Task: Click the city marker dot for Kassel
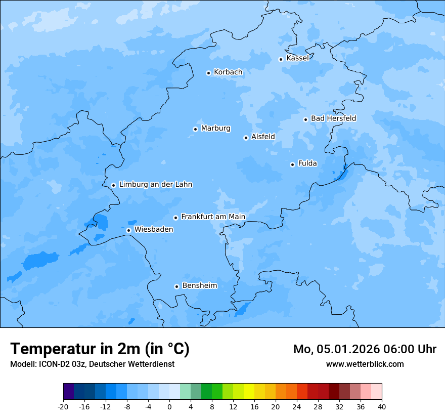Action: (281, 59)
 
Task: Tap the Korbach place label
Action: (228, 72)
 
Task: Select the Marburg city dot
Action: (195, 129)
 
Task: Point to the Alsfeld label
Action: (263, 137)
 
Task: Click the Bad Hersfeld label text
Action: (333, 118)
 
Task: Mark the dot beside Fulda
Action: (292, 164)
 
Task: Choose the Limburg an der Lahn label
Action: (155, 185)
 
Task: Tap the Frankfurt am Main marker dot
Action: (175, 218)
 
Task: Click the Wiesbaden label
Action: (154, 230)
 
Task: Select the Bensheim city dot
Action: (176, 286)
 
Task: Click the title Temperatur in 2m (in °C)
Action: (100, 349)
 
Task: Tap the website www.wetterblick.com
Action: (365, 364)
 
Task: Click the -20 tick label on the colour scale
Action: (63, 407)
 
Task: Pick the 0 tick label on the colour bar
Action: (169, 407)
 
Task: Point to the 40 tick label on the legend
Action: (381, 407)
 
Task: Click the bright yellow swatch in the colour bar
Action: (249, 392)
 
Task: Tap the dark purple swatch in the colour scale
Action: (69, 392)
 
